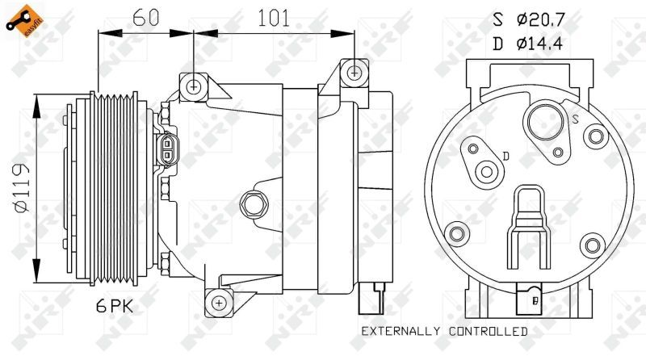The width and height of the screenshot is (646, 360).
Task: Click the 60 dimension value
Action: pyautogui.click(x=146, y=17)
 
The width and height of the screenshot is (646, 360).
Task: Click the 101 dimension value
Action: pyautogui.click(x=274, y=18)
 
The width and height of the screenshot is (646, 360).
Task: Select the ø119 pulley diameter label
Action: pyautogui.click(x=23, y=187)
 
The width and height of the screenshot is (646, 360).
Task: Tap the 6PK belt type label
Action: pyautogui.click(x=115, y=306)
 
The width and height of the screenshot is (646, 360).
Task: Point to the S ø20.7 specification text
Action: pyautogui.click(x=529, y=19)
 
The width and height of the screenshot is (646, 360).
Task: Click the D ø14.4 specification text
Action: pyautogui.click(x=528, y=44)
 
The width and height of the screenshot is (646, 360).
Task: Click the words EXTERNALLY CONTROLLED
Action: pyautogui.click(x=445, y=331)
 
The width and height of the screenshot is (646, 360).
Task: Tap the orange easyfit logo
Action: pyautogui.click(x=24, y=21)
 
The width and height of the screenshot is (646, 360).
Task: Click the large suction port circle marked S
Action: pyautogui.click(x=547, y=123)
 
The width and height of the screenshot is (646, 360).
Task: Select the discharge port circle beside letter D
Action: pyautogui.click(x=487, y=172)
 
